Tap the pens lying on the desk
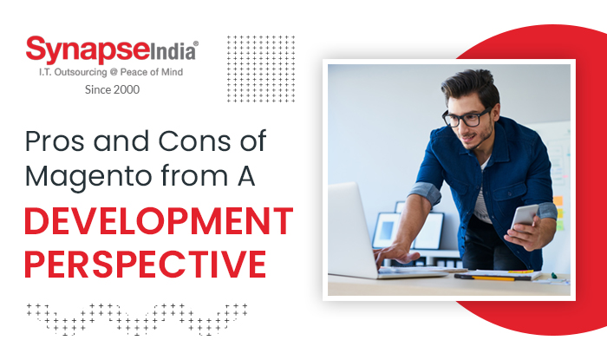click(486, 277)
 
